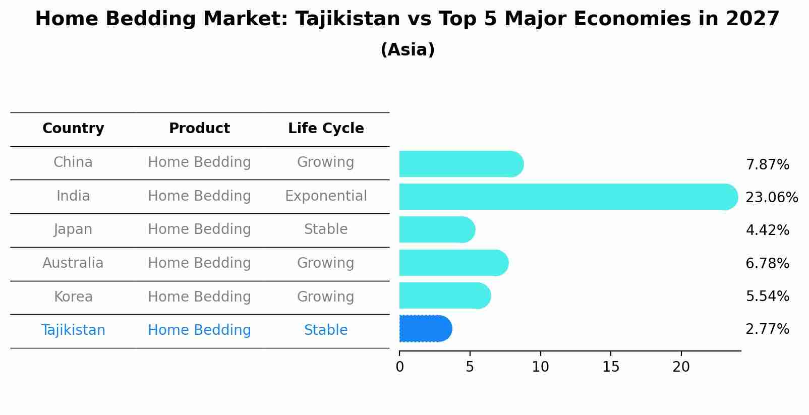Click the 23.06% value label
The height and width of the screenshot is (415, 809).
tap(771, 197)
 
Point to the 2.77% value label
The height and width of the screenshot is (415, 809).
tap(767, 329)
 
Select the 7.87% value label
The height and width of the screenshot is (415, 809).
tap(767, 165)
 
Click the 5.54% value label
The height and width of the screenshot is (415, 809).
tap(767, 296)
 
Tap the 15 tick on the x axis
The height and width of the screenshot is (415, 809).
tap(610, 367)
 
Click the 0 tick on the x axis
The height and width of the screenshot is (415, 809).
tap(399, 367)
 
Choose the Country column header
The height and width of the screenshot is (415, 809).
tap(73, 129)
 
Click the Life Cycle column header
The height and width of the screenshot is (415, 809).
tap(326, 129)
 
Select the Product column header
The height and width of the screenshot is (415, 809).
tap(199, 129)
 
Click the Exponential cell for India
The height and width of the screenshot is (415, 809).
tap(326, 196)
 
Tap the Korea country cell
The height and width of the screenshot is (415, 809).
tap(73, 297)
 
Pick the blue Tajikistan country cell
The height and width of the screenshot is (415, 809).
tap(73, 330)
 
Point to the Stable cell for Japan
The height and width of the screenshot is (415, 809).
tap(326, 229)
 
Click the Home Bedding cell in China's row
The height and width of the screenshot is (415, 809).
tap(199, 162)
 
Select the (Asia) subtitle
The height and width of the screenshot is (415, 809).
tap(408, 50)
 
